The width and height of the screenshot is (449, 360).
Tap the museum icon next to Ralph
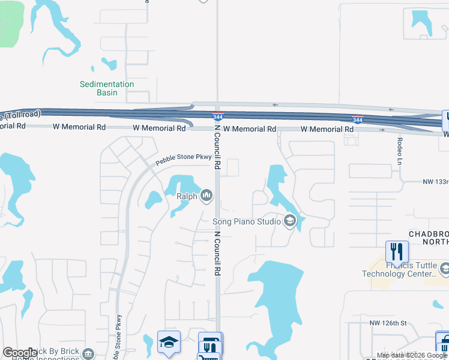206,195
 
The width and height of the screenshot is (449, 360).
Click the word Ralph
187,196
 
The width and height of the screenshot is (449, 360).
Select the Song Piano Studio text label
247,222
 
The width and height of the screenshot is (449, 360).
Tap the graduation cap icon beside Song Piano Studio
290,222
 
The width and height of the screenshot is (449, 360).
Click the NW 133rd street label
435,182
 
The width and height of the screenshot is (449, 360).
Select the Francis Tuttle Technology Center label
399,269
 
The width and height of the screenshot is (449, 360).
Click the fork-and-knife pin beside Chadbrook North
396,250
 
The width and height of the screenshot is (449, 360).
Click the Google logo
20,353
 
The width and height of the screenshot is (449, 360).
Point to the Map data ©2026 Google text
412,355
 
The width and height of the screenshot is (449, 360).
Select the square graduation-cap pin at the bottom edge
169,342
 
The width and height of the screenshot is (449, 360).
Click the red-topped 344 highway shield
358,119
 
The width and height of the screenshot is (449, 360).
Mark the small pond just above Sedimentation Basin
109,63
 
